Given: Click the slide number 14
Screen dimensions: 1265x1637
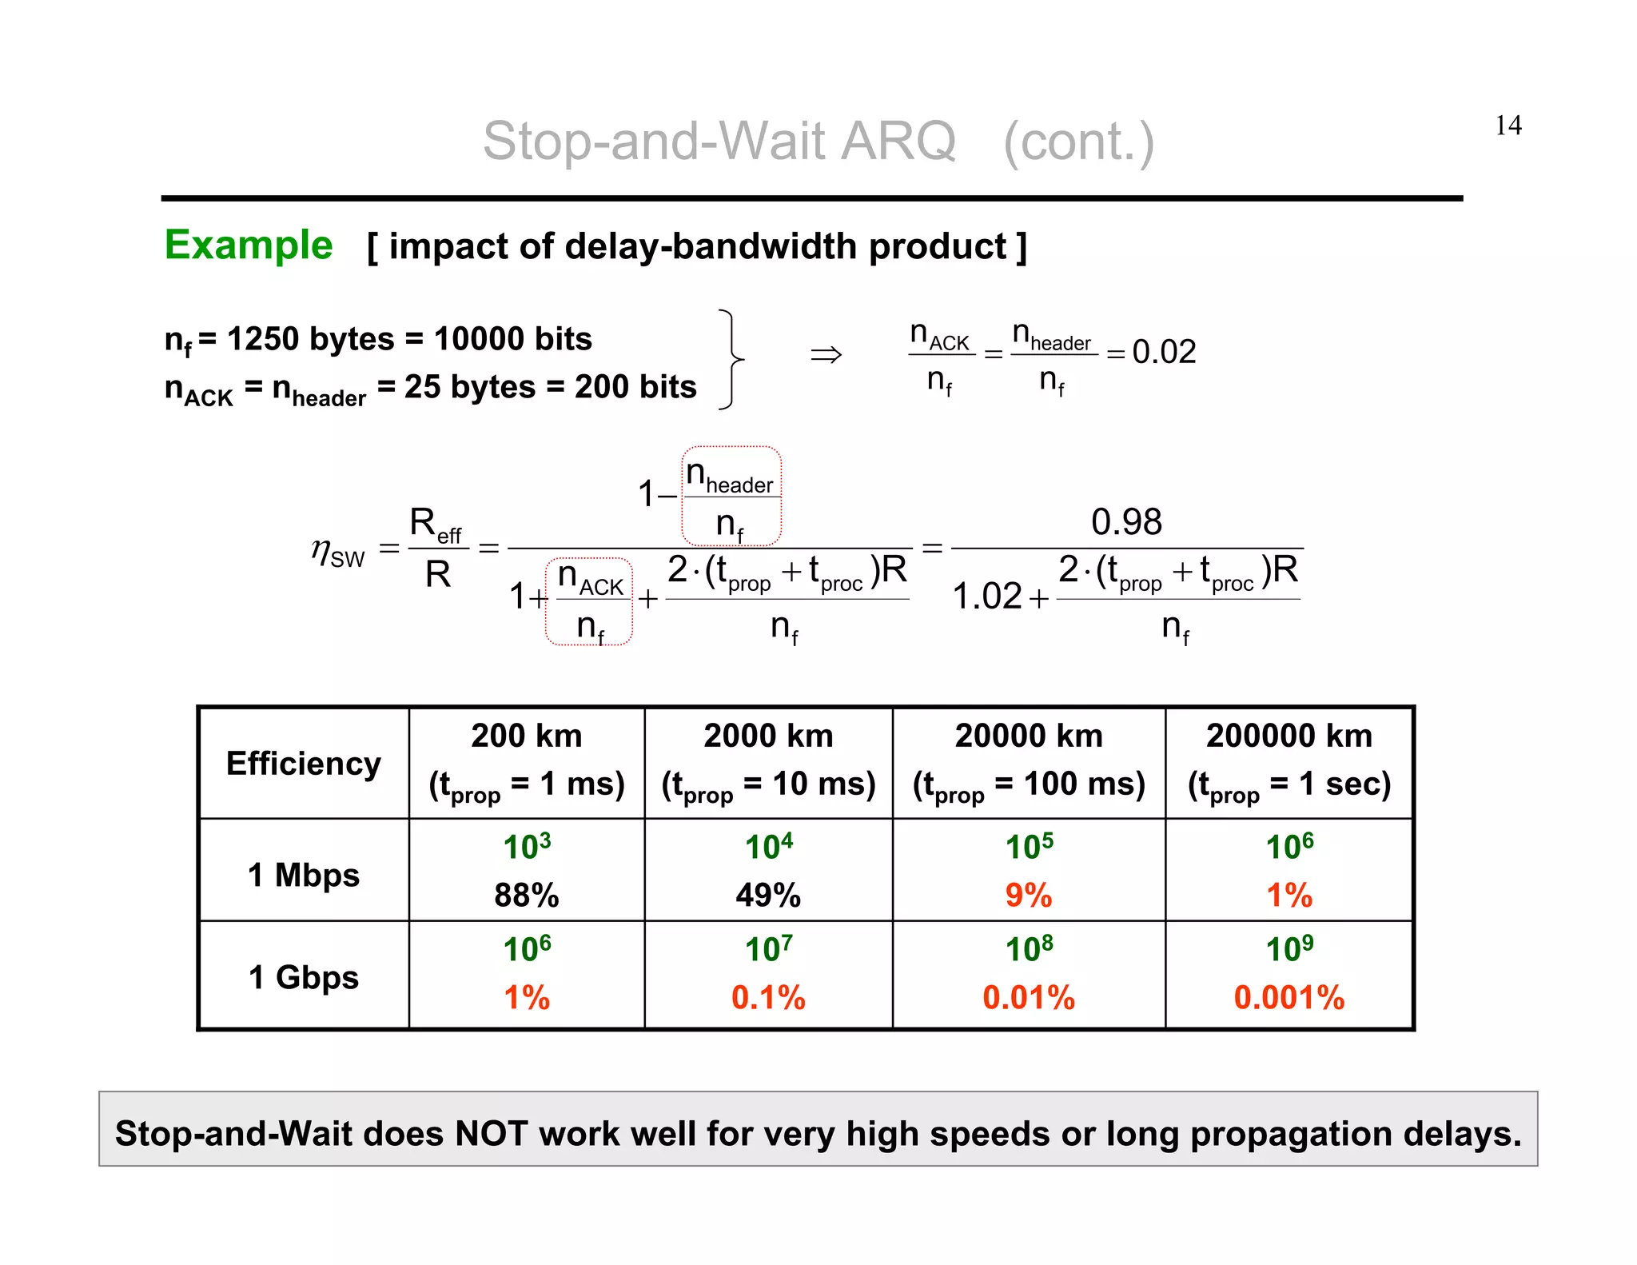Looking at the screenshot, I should [x=1508, y=126].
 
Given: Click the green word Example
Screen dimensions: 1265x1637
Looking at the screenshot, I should [x=249, y=245].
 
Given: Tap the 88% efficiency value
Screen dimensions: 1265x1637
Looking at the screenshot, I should [x=526, y=895].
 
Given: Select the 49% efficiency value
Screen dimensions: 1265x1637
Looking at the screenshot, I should [x=768, y=895].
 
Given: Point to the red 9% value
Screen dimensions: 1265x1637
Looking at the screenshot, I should [x=1028, y=895].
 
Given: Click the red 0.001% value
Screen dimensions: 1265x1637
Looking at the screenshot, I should [x=1288, y=997].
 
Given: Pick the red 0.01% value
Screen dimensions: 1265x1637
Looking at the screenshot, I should [x=1028, y=997].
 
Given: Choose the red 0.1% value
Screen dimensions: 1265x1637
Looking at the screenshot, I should [x=768, y=997].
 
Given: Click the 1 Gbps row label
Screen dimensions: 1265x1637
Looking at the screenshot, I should [x=303, y=977].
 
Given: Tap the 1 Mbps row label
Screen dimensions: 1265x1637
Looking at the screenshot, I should [x=303, y=875].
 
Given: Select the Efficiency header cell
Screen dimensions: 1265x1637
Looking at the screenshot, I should [x=303, y=764].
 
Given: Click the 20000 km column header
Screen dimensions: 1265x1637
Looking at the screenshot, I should [x=1029, y=736].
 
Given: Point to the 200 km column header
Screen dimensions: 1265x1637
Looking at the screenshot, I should [x=526, y=736].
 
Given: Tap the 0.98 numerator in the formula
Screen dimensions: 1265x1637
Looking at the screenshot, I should [x=1126, y=522].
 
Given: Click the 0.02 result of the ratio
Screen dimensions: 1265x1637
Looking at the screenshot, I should [x=1164, y=352].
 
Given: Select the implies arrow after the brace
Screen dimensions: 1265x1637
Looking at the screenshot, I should [x=826, y=353].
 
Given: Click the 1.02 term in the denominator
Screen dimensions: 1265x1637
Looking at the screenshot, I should [x=987, y=597].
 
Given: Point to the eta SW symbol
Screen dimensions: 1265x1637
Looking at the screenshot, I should [x=337, y=553].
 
